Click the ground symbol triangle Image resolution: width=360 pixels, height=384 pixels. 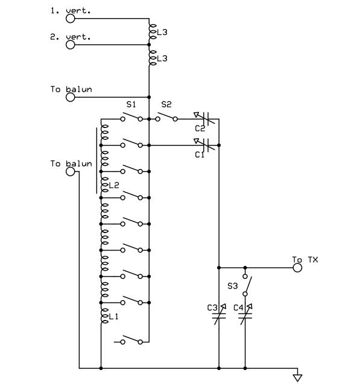[x=297, y=378]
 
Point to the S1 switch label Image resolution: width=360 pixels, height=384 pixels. [x=131, y=104]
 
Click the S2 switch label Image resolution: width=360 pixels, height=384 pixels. [x=166, y=104]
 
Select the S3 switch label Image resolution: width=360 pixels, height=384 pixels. [x=233, y=286]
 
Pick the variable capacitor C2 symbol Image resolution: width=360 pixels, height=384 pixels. [x=206, y=118]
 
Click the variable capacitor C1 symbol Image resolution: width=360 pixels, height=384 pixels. [x=206, y=145]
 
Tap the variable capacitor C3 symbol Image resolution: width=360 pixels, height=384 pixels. [x=219, y=315]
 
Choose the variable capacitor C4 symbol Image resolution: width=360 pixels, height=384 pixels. [x=245, y=315]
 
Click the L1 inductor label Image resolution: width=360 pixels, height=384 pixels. [x=113, y=316]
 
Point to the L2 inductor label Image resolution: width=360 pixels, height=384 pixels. [x=114, y=185]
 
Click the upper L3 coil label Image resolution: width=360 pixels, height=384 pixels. [x=162, y=32]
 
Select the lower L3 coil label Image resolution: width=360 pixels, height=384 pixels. [x=162, y=59]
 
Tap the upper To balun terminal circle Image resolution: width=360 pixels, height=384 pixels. [x=70, y=97]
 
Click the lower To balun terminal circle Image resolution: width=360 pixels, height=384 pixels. [x=70, y=171]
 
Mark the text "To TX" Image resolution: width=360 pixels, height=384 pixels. [x=305, y=260]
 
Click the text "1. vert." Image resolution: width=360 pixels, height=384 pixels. [x=71, y=10]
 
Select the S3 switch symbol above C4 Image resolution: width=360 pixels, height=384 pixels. [x=247, y=285]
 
